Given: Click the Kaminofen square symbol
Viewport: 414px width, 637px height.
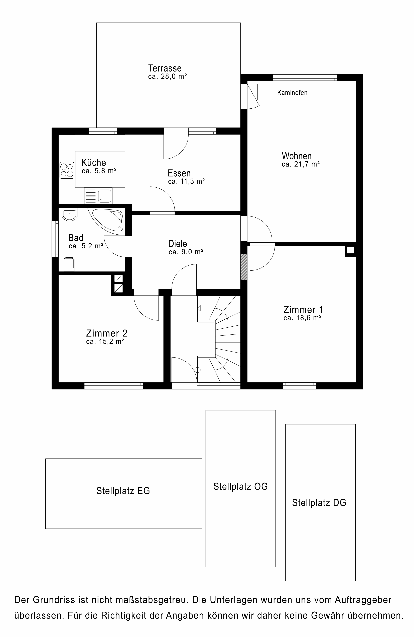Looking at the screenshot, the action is [265, 92].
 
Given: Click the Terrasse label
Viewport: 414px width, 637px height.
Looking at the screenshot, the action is [165, 68].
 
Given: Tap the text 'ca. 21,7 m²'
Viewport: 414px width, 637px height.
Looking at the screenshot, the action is [301, 164].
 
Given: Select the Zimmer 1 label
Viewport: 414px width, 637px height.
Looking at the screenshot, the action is [303, 310].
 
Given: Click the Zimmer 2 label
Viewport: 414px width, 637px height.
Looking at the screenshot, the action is [107, 333].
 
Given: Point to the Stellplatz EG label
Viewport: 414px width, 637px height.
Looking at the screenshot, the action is [123, 491].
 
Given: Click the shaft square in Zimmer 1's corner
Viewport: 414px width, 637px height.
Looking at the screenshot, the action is [350, 250].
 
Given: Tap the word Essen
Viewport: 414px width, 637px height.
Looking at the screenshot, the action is [179, 173].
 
